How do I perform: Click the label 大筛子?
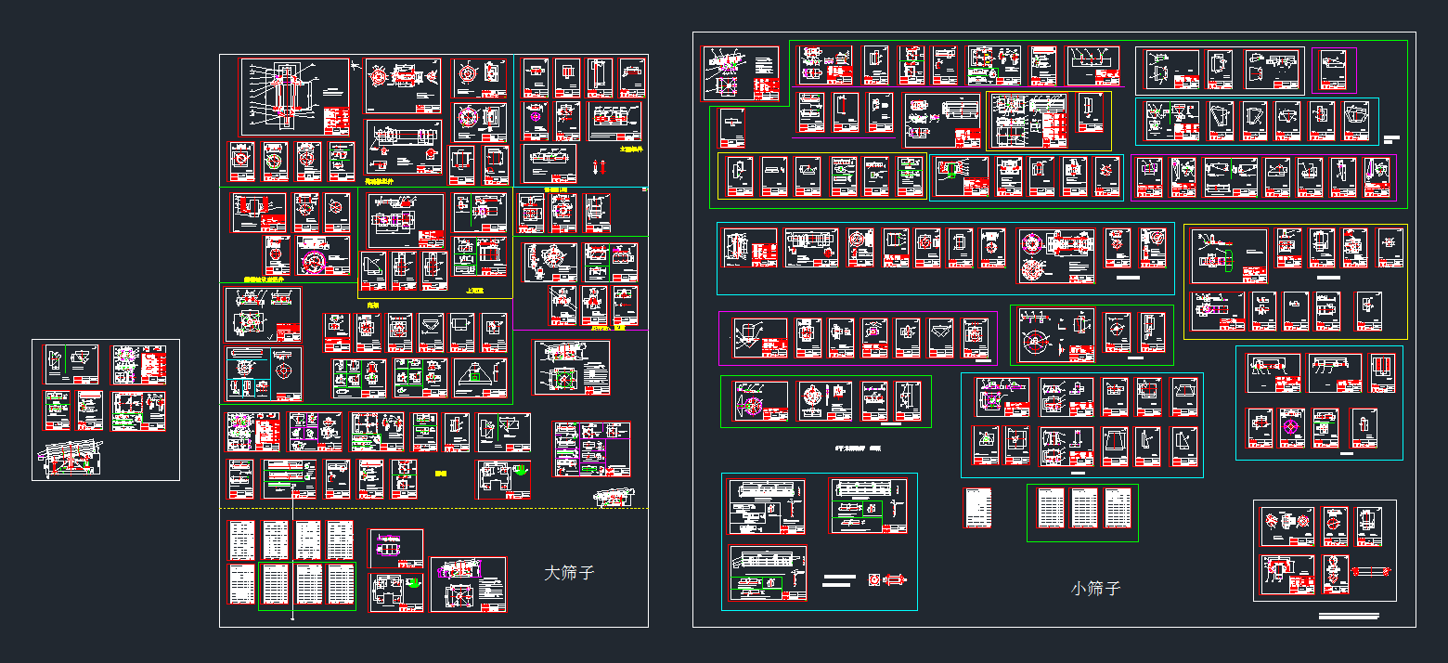click(568, 573)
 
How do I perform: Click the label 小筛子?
click(1095, 589)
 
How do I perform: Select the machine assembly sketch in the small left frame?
click(71, 457)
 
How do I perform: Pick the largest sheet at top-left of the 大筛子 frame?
click(295, 97)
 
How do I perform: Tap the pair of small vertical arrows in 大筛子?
click(600, 168)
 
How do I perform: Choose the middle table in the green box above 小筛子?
click(1084, 508)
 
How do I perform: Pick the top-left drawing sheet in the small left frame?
click(72, 364)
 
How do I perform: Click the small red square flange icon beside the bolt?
click(873, 579)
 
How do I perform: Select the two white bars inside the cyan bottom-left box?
click(838, 580)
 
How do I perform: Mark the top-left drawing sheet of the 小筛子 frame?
click(740, 73)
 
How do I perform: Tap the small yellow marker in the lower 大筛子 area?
click(440, 473)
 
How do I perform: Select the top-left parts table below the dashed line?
click(242, 539)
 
